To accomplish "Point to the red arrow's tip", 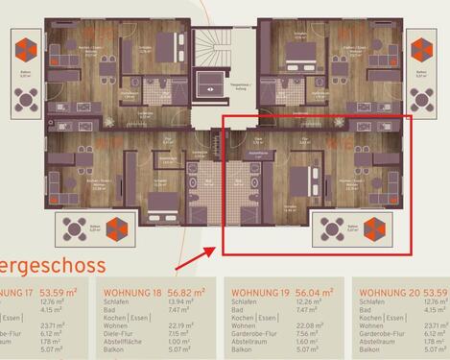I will pos(227,245).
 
